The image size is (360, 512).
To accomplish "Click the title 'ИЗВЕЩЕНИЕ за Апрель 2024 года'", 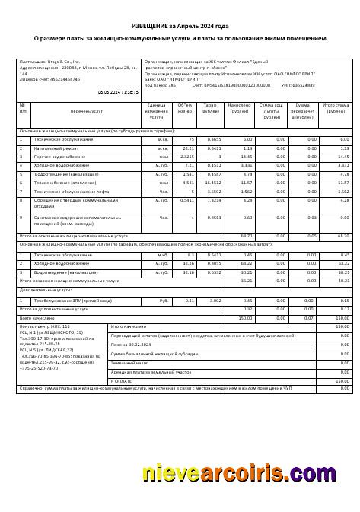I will click(180, 25).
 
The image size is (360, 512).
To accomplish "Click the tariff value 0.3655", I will click(215, 139).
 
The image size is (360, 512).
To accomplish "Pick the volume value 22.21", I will click(189, 148).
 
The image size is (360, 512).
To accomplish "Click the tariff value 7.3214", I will click(213, 200).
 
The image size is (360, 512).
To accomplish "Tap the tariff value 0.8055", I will click(214, 263).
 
